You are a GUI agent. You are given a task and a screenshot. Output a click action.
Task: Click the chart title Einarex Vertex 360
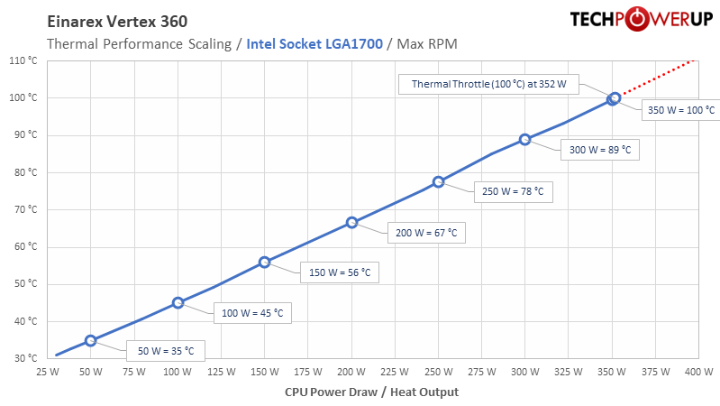116,22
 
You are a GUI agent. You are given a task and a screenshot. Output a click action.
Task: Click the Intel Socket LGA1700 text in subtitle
314,43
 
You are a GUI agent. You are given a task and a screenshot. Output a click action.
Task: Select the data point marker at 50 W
90,340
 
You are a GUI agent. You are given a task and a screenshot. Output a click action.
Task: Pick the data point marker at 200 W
351,222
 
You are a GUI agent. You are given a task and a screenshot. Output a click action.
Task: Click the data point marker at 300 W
524,140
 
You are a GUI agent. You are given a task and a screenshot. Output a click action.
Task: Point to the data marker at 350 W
613,98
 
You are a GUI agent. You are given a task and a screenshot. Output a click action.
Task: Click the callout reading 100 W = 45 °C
253,314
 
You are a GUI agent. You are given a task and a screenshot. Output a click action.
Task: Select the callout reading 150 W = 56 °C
340,272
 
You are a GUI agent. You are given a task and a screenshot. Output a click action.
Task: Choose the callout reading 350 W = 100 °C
681,110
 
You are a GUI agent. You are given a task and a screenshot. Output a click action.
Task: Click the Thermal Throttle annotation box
489,84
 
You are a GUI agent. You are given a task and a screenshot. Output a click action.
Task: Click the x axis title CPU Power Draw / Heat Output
371,392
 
